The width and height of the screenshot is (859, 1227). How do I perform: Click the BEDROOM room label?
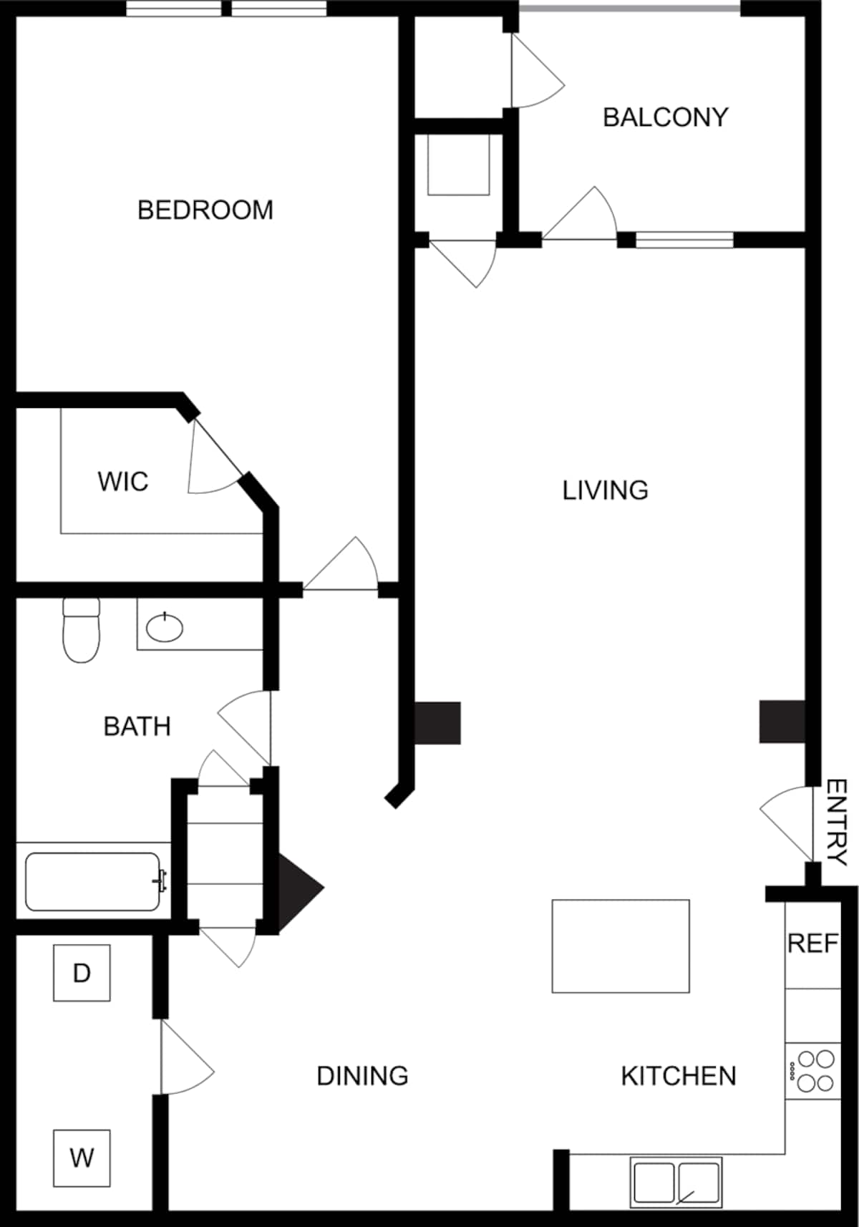click(205, 210)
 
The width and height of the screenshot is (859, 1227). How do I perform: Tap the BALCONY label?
click(665, 117)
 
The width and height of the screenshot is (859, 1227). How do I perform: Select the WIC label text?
click(123, 481)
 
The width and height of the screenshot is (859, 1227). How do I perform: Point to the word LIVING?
click(605, 490)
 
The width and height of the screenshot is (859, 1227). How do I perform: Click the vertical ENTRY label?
click(836, 823)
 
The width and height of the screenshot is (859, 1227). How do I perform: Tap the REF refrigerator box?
click(812, 944)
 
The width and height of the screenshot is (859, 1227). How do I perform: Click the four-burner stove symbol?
click(814, 1071)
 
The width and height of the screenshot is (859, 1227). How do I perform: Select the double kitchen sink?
click(676, 1182)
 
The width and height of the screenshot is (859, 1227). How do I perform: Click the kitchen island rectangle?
click(621, 946)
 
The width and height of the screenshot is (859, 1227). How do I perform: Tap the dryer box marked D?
click(82, 973)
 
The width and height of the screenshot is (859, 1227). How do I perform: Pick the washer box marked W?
click(82, 1158)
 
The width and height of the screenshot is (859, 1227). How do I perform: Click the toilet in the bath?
click(81, 631)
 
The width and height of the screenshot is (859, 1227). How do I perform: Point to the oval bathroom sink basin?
click(165, 629)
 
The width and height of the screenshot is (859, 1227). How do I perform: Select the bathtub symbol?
click(93, 881)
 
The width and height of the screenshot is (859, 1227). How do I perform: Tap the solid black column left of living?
click(437, 723)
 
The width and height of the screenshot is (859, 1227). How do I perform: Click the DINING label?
click(362, 1076)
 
